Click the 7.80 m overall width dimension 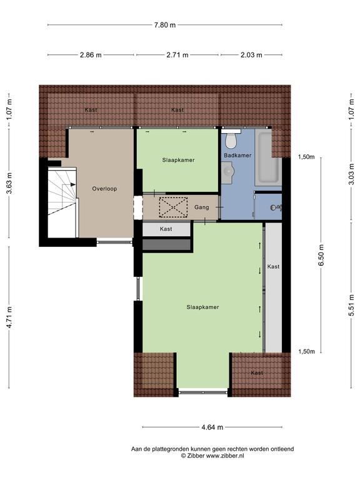[x=165, y=25]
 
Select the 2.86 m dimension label [x=91, y=55]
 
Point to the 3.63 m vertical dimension [x=9, y=184]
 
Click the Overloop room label [x=104, y=188]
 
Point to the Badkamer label [x=237, y=155]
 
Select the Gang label [x=201, y=207]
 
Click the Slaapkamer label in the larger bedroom [x=202, y=307]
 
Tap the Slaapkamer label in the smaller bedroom [x=178, y=160]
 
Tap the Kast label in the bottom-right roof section [x=257, y=372]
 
